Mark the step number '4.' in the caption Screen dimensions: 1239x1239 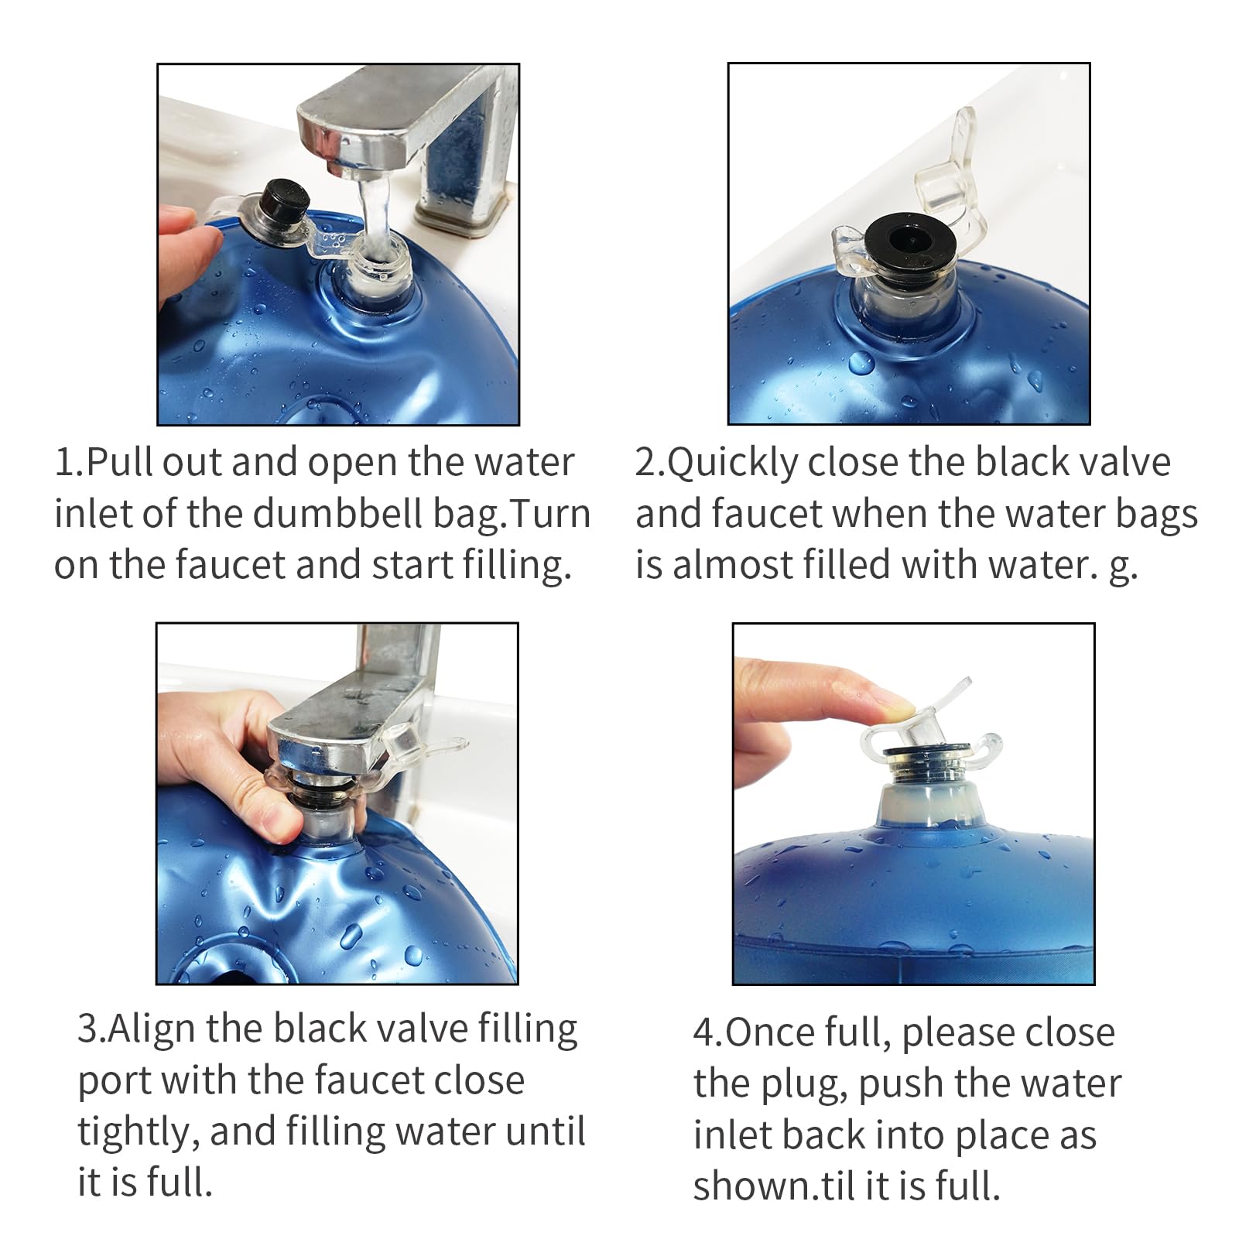(707, 1033)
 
